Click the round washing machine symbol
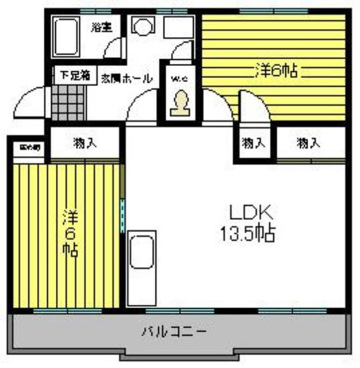(x=141, y=26)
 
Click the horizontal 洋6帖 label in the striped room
(x=275, y=71)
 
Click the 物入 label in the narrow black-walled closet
(x=254, y=143)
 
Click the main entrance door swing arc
(x=29, y=103)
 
